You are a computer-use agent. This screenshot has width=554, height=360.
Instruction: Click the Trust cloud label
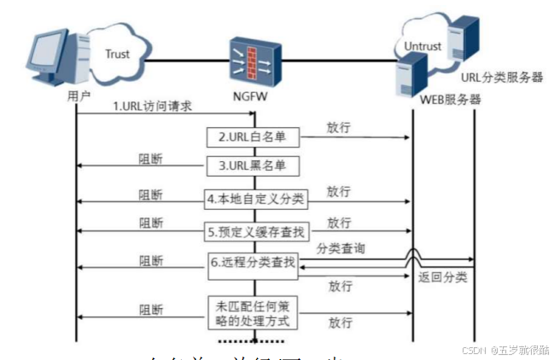coord(118,54)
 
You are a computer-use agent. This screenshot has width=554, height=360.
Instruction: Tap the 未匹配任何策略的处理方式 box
coord(252,313)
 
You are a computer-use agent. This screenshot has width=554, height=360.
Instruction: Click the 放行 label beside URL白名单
coord(338,127)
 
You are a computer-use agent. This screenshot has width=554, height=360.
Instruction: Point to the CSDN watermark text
coord(504,349)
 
